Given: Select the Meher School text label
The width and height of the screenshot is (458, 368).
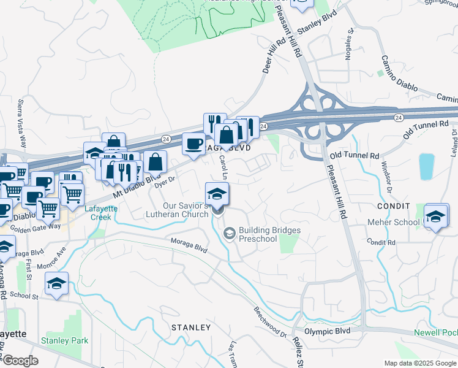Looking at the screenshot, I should [x=392, y=221].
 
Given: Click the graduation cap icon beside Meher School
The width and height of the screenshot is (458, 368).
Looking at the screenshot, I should [x=435, y=217].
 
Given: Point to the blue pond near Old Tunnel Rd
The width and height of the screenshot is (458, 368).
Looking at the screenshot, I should [x=426, y=166].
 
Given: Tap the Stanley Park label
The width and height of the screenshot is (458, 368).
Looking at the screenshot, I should [x=64, y=340].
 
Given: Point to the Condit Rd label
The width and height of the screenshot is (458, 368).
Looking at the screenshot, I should [x=383, y=243].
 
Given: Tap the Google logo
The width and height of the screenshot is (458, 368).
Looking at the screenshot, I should [x=20, y=361].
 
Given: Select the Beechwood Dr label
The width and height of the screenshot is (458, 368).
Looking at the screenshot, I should [x=270, y=322].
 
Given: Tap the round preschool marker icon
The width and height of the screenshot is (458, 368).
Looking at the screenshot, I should [x=229, y=233].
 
